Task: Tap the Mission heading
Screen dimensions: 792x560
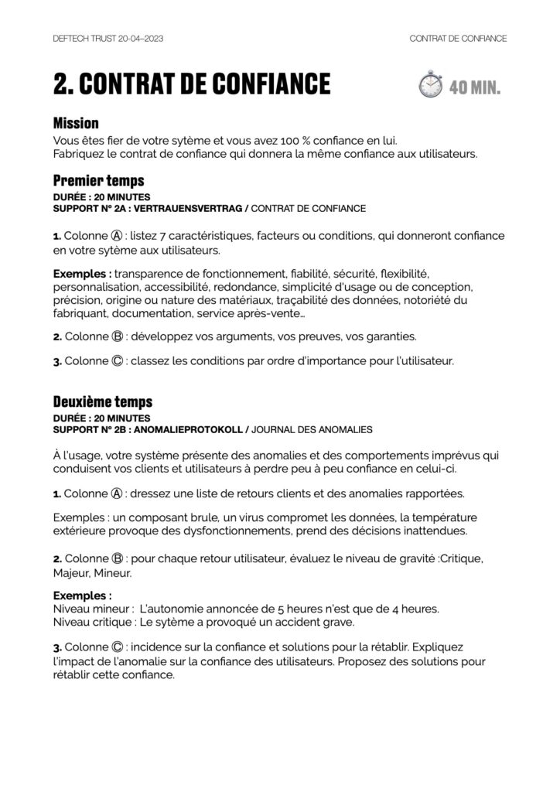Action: pos(76,123)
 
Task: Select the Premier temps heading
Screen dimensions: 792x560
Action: pos(98,181)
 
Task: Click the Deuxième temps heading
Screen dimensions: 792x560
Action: pos(103,401)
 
